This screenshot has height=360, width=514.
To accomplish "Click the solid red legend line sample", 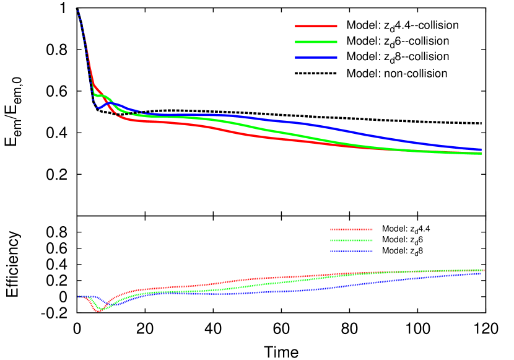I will tap(316, 26).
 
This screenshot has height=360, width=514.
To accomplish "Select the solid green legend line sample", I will tap(316, 42).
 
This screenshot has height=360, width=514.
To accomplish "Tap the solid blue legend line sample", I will tap(316, 58).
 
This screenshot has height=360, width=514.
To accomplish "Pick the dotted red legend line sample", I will tap(351, 229).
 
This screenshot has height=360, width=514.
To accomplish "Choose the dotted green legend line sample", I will tap(351, 240).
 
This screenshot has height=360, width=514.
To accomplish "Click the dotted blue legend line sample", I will tap(351, 252).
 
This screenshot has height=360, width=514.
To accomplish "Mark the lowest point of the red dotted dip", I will tap(98, 311).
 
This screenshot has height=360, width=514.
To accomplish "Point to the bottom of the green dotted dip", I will tap(102, 309).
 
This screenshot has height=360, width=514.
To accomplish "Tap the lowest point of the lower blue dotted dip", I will tap(105, 305).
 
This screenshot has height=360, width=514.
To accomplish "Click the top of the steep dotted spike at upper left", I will tap(77, 9).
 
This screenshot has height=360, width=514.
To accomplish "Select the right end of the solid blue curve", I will tap(481, 149).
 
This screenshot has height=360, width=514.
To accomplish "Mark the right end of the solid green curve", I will tap(481, 153).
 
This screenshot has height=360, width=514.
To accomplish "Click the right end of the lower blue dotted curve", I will tap(481, 273).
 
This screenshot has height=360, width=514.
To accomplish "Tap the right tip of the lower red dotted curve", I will tap(484, 270).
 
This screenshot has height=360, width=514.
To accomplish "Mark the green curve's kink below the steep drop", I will tap(94, 95).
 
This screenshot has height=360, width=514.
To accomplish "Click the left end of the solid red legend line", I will tap(295, 26).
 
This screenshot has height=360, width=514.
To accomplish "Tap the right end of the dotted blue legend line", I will tap(372, 252).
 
